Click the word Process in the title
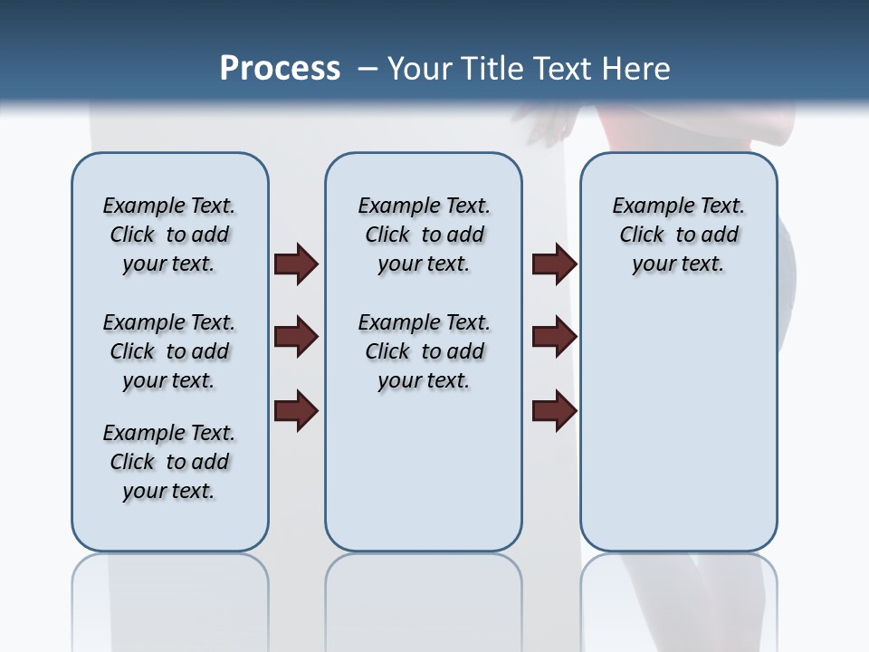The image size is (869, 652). tap(280, 68)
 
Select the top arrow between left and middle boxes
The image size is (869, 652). tap(296, 264)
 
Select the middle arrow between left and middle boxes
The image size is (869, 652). tap(296, 338)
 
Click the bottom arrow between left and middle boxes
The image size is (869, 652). tap(296, 411)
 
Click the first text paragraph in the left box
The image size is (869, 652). tap(169, 235)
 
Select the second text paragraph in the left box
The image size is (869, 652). tap(169, 351)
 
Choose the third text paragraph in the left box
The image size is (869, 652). tap(169, 462)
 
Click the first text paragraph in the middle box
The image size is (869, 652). tap(424, 235)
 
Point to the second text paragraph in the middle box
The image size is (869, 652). tap(424, 351)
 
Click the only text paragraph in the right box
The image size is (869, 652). tap(679, 235)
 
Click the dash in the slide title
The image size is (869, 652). tap(368, 69)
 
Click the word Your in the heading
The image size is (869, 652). tap(421, 69)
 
